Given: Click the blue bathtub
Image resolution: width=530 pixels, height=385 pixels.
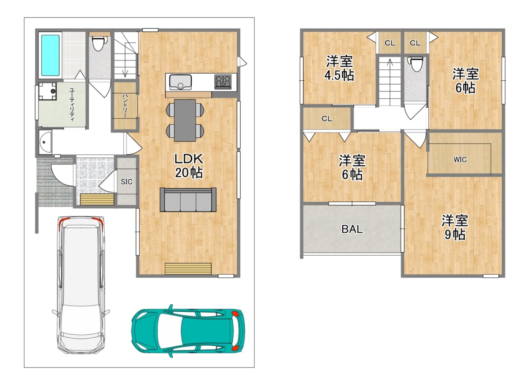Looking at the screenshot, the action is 50,55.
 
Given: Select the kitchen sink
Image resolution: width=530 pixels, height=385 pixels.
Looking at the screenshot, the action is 180,82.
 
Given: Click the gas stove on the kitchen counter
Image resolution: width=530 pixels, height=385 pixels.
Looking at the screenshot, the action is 223,82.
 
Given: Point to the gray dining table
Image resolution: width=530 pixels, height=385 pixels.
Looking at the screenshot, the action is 185,120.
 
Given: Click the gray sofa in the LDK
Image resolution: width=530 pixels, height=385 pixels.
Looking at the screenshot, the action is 188,200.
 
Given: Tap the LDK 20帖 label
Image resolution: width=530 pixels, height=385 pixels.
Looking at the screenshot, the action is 189,166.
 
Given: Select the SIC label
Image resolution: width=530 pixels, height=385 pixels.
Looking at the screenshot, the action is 127,181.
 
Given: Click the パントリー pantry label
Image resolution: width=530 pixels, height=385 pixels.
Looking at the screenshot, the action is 125,106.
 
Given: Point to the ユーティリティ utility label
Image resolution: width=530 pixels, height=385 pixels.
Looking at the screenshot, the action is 72,105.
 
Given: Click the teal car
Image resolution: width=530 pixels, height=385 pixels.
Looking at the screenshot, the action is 188,331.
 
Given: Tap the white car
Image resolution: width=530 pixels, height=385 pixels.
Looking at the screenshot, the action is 81,285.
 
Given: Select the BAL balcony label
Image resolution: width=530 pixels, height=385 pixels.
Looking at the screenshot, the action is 352,229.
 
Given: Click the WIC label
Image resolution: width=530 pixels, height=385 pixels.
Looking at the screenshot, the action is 460,160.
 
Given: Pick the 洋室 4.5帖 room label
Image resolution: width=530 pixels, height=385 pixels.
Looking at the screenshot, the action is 339,68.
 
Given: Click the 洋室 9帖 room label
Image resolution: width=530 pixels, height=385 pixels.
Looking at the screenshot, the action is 455,227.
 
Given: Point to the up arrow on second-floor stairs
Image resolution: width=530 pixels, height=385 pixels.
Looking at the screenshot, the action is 390,70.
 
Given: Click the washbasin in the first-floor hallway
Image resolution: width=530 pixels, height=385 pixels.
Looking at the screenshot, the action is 45,142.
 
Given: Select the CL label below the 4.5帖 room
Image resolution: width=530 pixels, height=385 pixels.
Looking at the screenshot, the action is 327,118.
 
